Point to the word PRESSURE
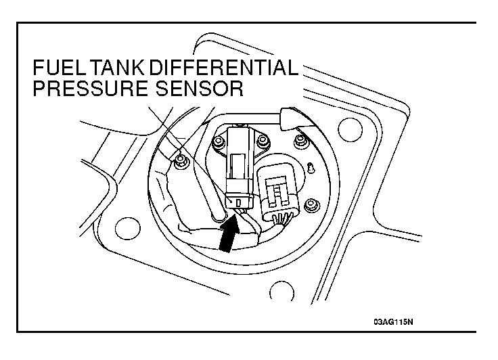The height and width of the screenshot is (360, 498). coord(90,88)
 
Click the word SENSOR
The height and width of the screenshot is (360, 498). coord(199,88)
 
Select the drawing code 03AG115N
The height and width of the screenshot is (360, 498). coord(393,322)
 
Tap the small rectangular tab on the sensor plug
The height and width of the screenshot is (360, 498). coord(239,202)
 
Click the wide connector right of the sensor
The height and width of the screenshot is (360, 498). coord(278,192)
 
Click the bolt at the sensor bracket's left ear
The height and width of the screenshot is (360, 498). coord(218,141)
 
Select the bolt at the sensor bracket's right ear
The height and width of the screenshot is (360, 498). coord(263,141)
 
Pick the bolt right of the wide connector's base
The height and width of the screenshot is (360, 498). coord(311,205)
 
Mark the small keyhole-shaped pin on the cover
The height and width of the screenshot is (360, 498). coord(311,167)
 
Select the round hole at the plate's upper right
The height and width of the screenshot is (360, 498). coord(350,130)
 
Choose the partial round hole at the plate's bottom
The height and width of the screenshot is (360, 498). coord(281,290)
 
